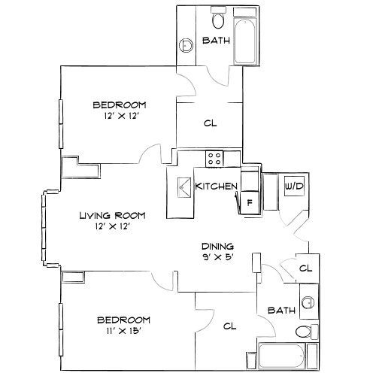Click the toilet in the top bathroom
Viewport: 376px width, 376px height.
point(218,18)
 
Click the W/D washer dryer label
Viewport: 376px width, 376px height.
point(293,185)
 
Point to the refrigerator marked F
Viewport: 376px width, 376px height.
point(249,202)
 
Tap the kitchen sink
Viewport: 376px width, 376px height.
point(182,187)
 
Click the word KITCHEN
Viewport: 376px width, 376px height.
point(217,186)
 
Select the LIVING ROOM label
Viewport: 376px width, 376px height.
point(113,215)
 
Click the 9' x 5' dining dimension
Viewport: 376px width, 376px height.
point(218,258)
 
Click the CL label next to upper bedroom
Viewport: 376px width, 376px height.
point(211,123)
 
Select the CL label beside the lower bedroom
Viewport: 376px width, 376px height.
point(229,326)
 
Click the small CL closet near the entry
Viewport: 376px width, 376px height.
point(305,268)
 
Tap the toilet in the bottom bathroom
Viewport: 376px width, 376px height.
point(302,331)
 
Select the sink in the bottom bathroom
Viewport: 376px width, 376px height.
point(307,303)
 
